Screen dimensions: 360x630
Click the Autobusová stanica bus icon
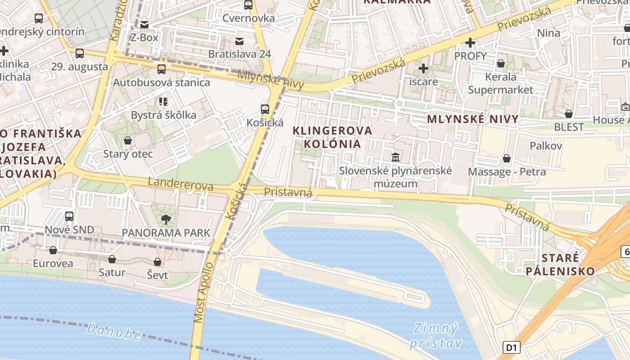pos(161,69)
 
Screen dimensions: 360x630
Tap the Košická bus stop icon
pos(265,109)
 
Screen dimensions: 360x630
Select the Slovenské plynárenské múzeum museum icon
pos(396,157)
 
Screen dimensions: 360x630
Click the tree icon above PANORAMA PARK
pos(166,220)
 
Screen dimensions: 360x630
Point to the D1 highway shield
pos(511,347)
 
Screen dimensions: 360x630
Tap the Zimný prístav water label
pos(435,336)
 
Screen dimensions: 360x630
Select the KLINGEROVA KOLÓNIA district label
pos(333,137)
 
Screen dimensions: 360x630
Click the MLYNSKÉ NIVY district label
pos(472,119)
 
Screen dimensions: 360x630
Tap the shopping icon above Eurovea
pos(53,250)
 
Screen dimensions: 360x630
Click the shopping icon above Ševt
pos(157,262)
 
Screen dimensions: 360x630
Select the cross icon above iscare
pos(423,68)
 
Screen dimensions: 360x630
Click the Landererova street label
pos(180,184)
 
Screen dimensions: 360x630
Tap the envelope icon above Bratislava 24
pos(239,41)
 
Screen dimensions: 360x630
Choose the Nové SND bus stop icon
pos(69,216)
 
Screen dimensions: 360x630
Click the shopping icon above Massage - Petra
pos(507,158)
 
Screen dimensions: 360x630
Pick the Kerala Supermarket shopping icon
pos(500,63)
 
